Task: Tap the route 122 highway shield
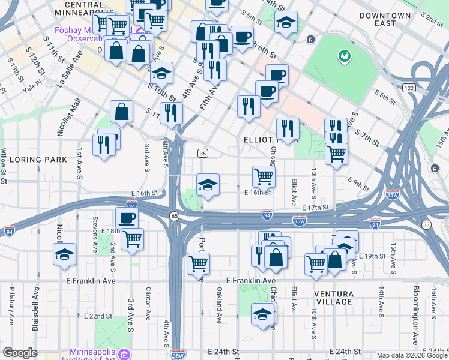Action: tap(409, 88)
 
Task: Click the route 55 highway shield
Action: tap(426, 224)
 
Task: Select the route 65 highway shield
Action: tap(173, 215)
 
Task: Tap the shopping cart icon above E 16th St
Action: tap(264, 176)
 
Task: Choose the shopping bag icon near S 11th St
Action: tap(122, 111)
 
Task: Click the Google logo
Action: tap(20, 353)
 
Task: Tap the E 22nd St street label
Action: tap(98, 316)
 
